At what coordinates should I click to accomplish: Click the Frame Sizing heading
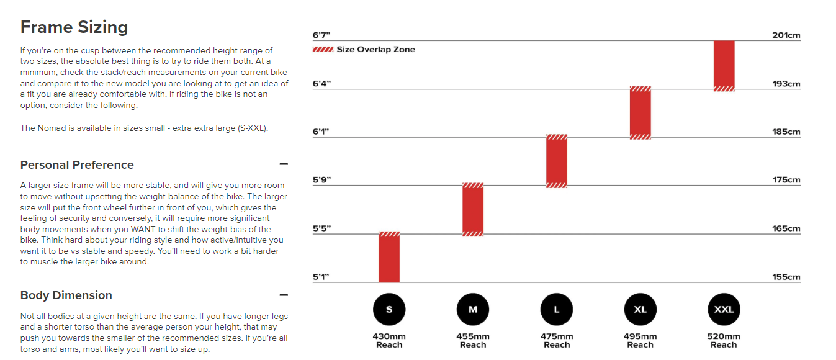74,27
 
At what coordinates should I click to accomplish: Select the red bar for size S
389,257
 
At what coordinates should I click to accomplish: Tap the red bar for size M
473,209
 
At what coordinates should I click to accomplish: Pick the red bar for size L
557,161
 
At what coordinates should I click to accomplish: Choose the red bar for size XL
640,112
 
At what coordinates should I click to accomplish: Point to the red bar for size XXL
724,66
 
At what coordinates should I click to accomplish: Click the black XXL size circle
724,309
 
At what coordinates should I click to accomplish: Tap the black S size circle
389,309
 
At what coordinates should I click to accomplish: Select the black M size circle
473,309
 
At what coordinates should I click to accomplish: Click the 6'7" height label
321,35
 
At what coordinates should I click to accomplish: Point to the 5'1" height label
321,277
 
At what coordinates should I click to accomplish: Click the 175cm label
786,180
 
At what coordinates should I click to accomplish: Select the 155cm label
786,277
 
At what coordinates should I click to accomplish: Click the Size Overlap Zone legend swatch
323,50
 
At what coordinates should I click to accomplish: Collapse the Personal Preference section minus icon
284,164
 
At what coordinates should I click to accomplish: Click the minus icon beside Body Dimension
284,295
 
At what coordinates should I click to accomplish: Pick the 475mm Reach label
557,341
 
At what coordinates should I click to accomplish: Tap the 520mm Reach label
724,341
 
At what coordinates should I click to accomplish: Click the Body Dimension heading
66,295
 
